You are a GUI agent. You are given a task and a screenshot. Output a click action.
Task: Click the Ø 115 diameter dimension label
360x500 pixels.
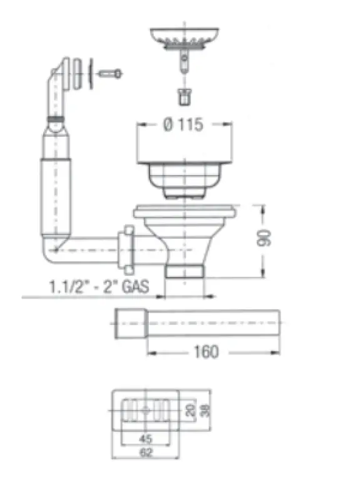(x=182, y=124)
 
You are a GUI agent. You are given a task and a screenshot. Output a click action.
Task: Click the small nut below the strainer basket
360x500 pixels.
(x=183, y=97)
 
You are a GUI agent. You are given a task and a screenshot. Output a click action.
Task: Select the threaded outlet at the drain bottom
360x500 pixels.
(x=184, y=270)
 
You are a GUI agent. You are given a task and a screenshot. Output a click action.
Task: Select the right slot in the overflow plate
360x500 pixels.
(x=162, y=409)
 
